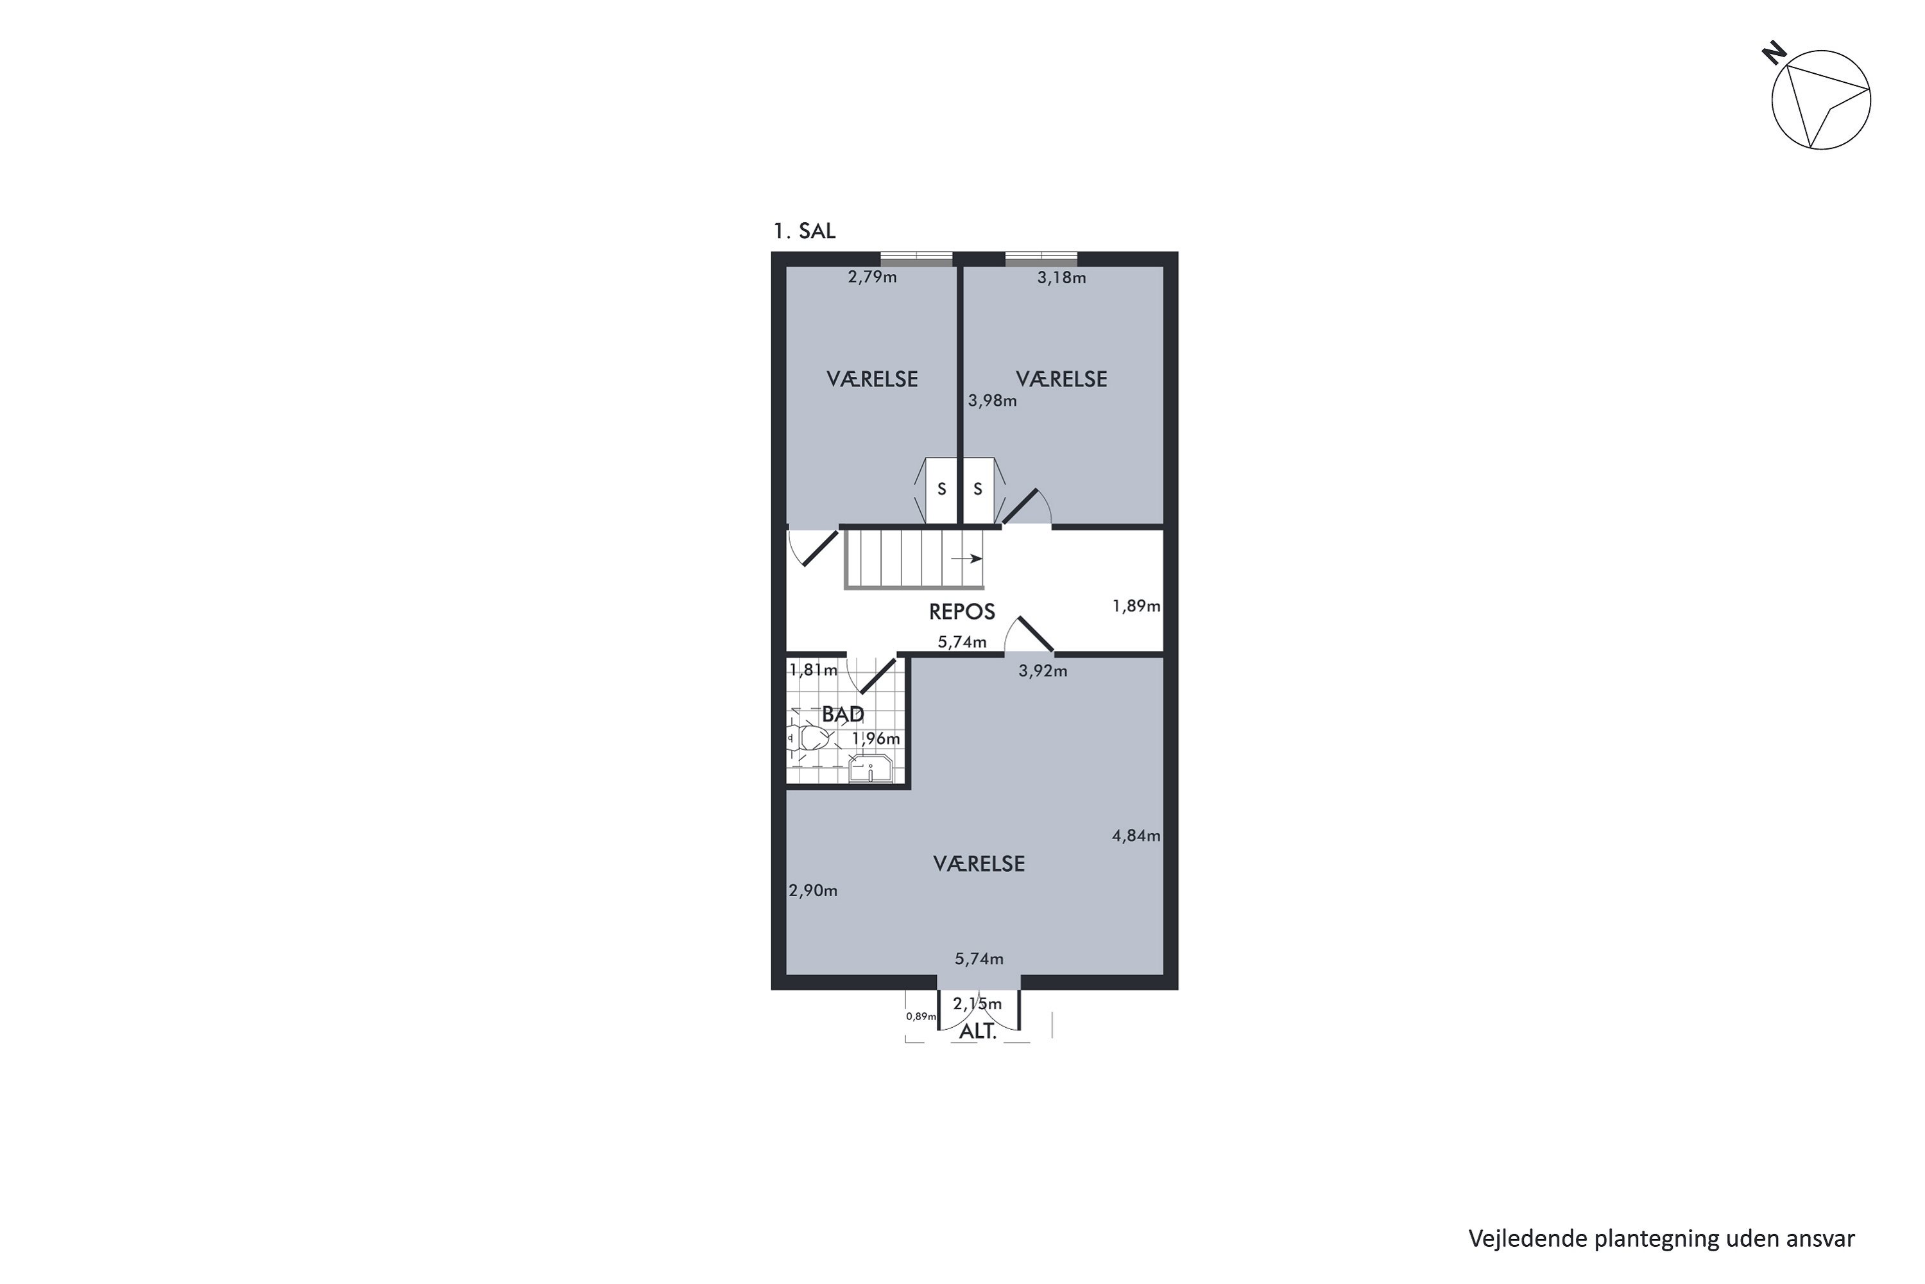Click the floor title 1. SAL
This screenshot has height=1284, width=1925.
click(804, 231)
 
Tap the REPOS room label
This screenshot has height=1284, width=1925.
click(962, 612)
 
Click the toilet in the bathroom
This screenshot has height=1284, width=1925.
click(810, 739)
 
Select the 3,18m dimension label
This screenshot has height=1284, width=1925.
click(1061, 277)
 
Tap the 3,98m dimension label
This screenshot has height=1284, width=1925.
click(992, 401)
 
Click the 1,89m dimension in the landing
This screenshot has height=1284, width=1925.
click(1135, 606)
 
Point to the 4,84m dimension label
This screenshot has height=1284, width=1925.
click(1135, 836)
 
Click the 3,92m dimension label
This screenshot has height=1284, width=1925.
click(1042, 672)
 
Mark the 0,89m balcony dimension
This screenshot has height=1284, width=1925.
click(920, 1016)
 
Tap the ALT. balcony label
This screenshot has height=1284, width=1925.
click(977, 1032)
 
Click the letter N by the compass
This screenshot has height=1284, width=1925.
click(1774, 55)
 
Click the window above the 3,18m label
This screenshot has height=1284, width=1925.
click(1040, 258)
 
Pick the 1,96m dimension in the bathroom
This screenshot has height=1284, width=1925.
click(876, 739)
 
